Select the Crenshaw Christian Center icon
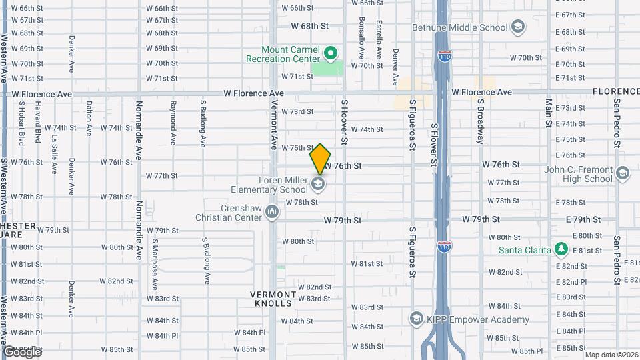(x=272, y=213)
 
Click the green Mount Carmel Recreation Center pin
(x=329, y=53)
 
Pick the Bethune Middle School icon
(x=517, y=27)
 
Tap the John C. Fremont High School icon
(x=622, y=174)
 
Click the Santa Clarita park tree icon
(x=561, y=249)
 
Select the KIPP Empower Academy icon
(x=417, y=317)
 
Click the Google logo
(x=21, y=351)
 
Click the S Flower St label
(x=433, y=144)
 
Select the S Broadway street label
(x=479, y=122)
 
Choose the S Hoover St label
(x=345, y=122)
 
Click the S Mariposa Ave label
(x=154, y=263)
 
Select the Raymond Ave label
(x=172, y=123)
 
